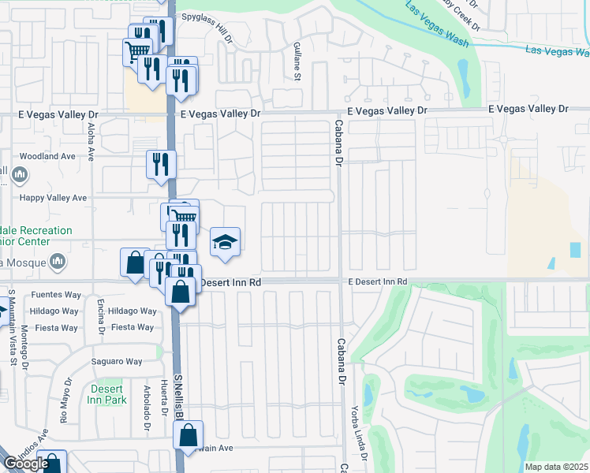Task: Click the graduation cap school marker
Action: tap(225, 242)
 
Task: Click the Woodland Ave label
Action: tap(47, 157)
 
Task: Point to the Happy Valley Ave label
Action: tap(54, 198)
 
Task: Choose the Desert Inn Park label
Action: tap(106, 394)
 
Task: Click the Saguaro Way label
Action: tap(118, 362)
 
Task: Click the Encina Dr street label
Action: tap(101, 316)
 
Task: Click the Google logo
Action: tap(25, 464)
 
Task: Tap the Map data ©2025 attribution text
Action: tap(557, 467)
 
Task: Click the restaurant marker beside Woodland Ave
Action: tap(161, 165)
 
